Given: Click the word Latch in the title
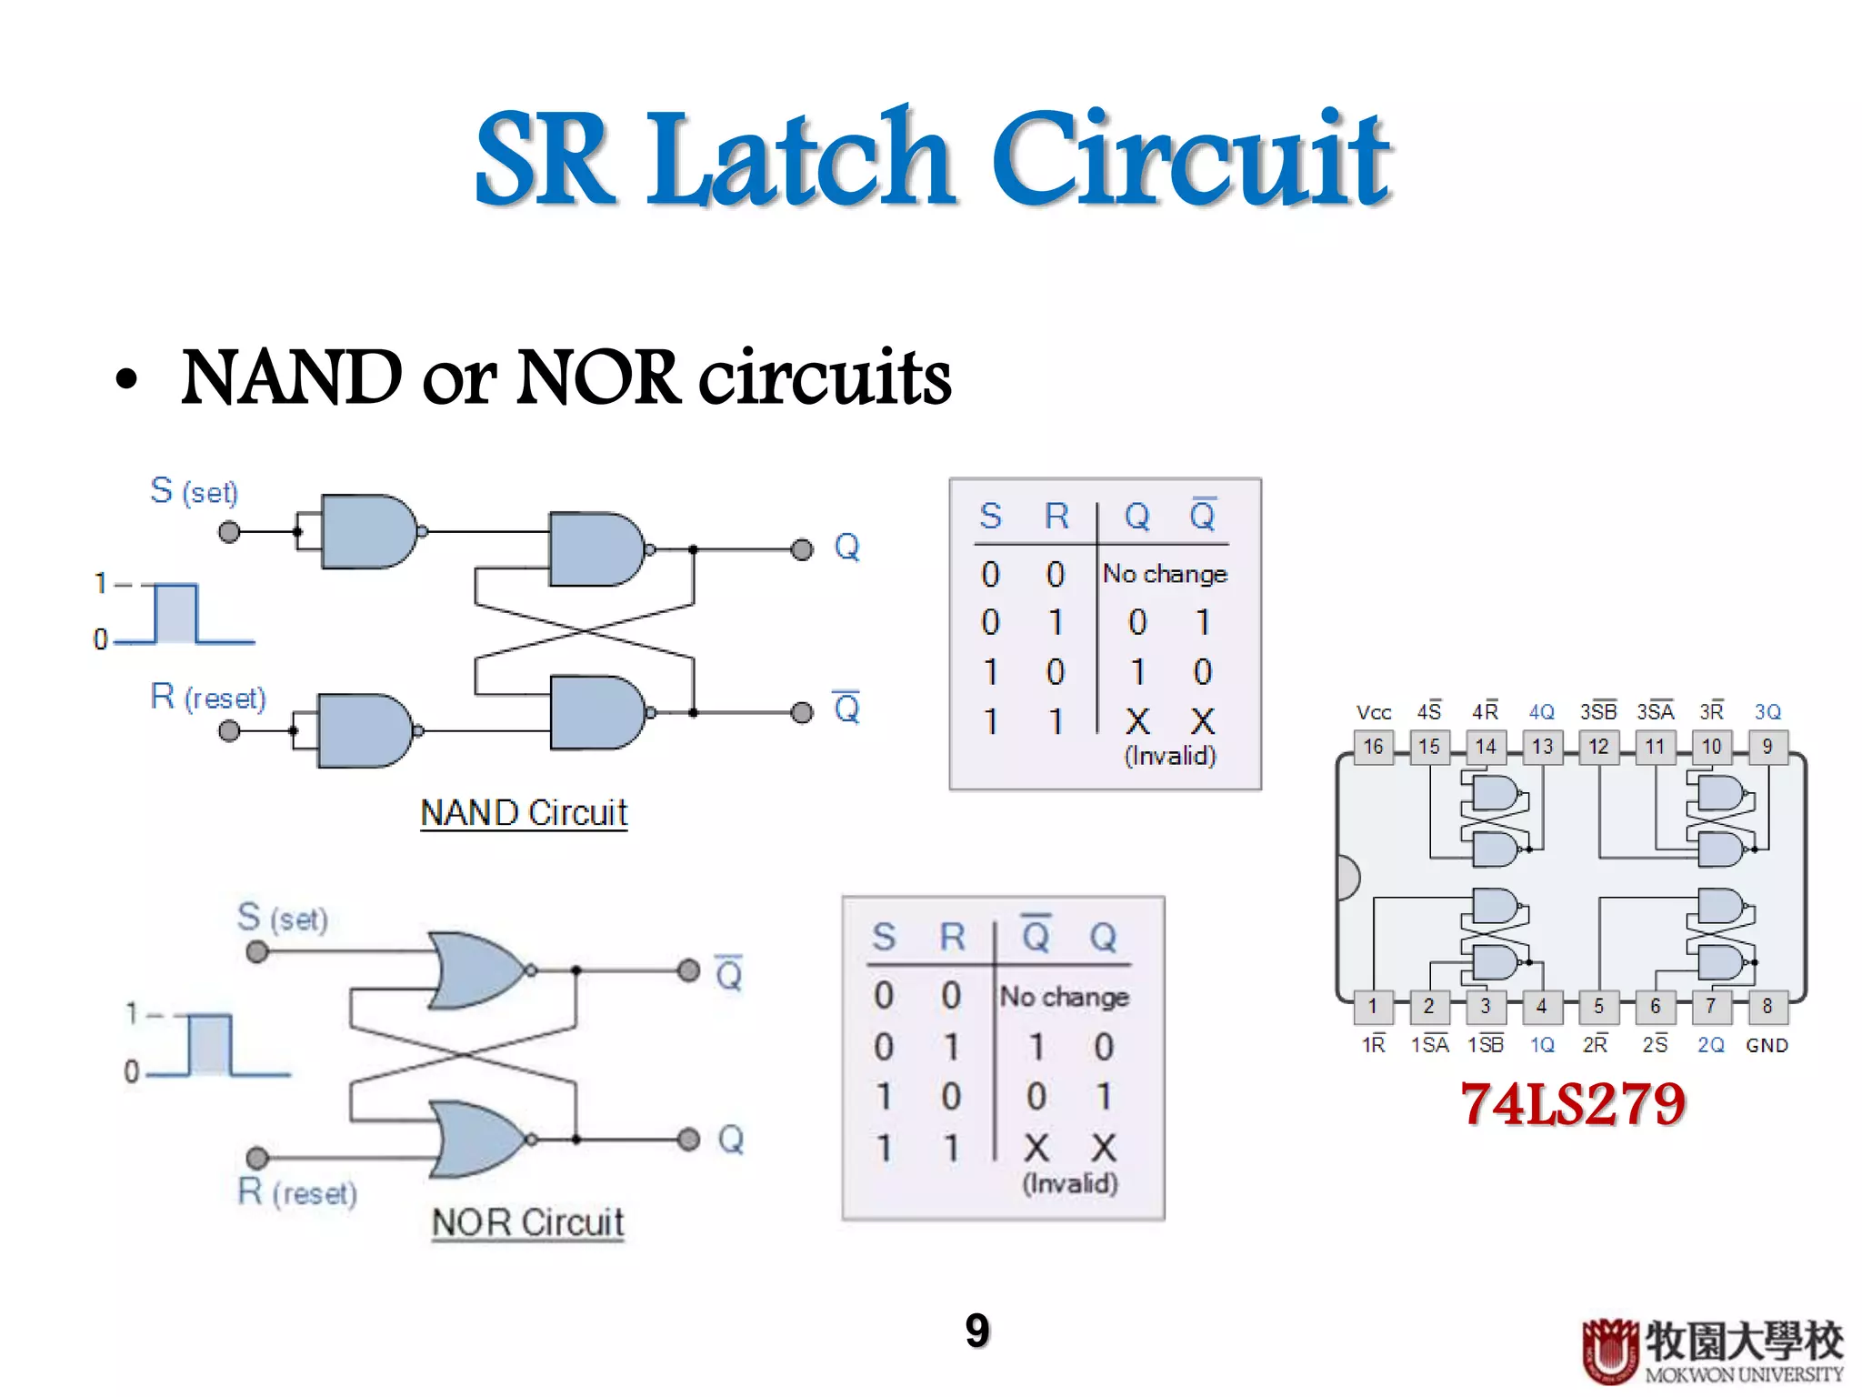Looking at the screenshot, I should tap(800, 159).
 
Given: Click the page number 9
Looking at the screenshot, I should tap(977, 1331).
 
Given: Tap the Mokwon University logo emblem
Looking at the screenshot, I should tap(1610, 1351).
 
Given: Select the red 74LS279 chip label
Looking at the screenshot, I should tap(1573, 1104).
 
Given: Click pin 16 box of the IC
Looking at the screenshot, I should tap(1373, 747).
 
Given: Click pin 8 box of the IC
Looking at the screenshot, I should tap(1767, 1006).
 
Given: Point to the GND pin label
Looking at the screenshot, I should tap(1767, 1045).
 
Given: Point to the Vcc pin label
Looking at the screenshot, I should tap(1373, 712).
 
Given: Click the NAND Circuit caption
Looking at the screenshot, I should tap(524, 812).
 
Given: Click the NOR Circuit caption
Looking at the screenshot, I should tap(527, 1222).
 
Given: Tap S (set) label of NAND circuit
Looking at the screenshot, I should tap(194, 491).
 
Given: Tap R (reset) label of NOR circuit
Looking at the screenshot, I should tap(297, 1192).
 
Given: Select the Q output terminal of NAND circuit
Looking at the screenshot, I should tap(801, 549).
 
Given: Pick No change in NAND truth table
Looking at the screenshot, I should tap(1165, 574).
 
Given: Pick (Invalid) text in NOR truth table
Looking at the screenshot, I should tap(1070, 1183).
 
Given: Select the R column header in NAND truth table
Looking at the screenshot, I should tap(1056, 517).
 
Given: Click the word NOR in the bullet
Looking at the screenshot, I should tap(597, 377).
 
